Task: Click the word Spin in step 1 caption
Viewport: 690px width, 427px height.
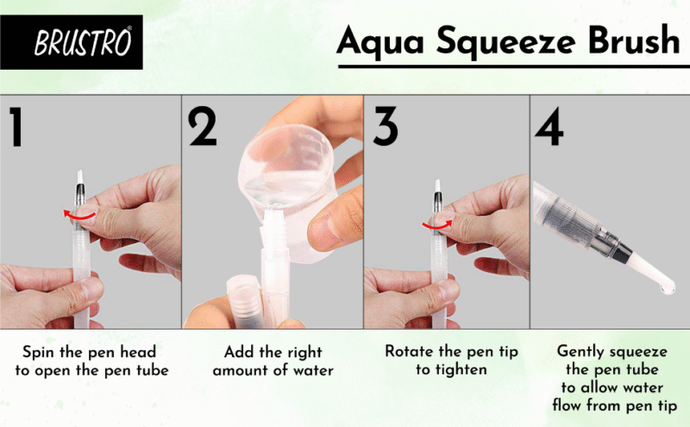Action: (x=39, y=352)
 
